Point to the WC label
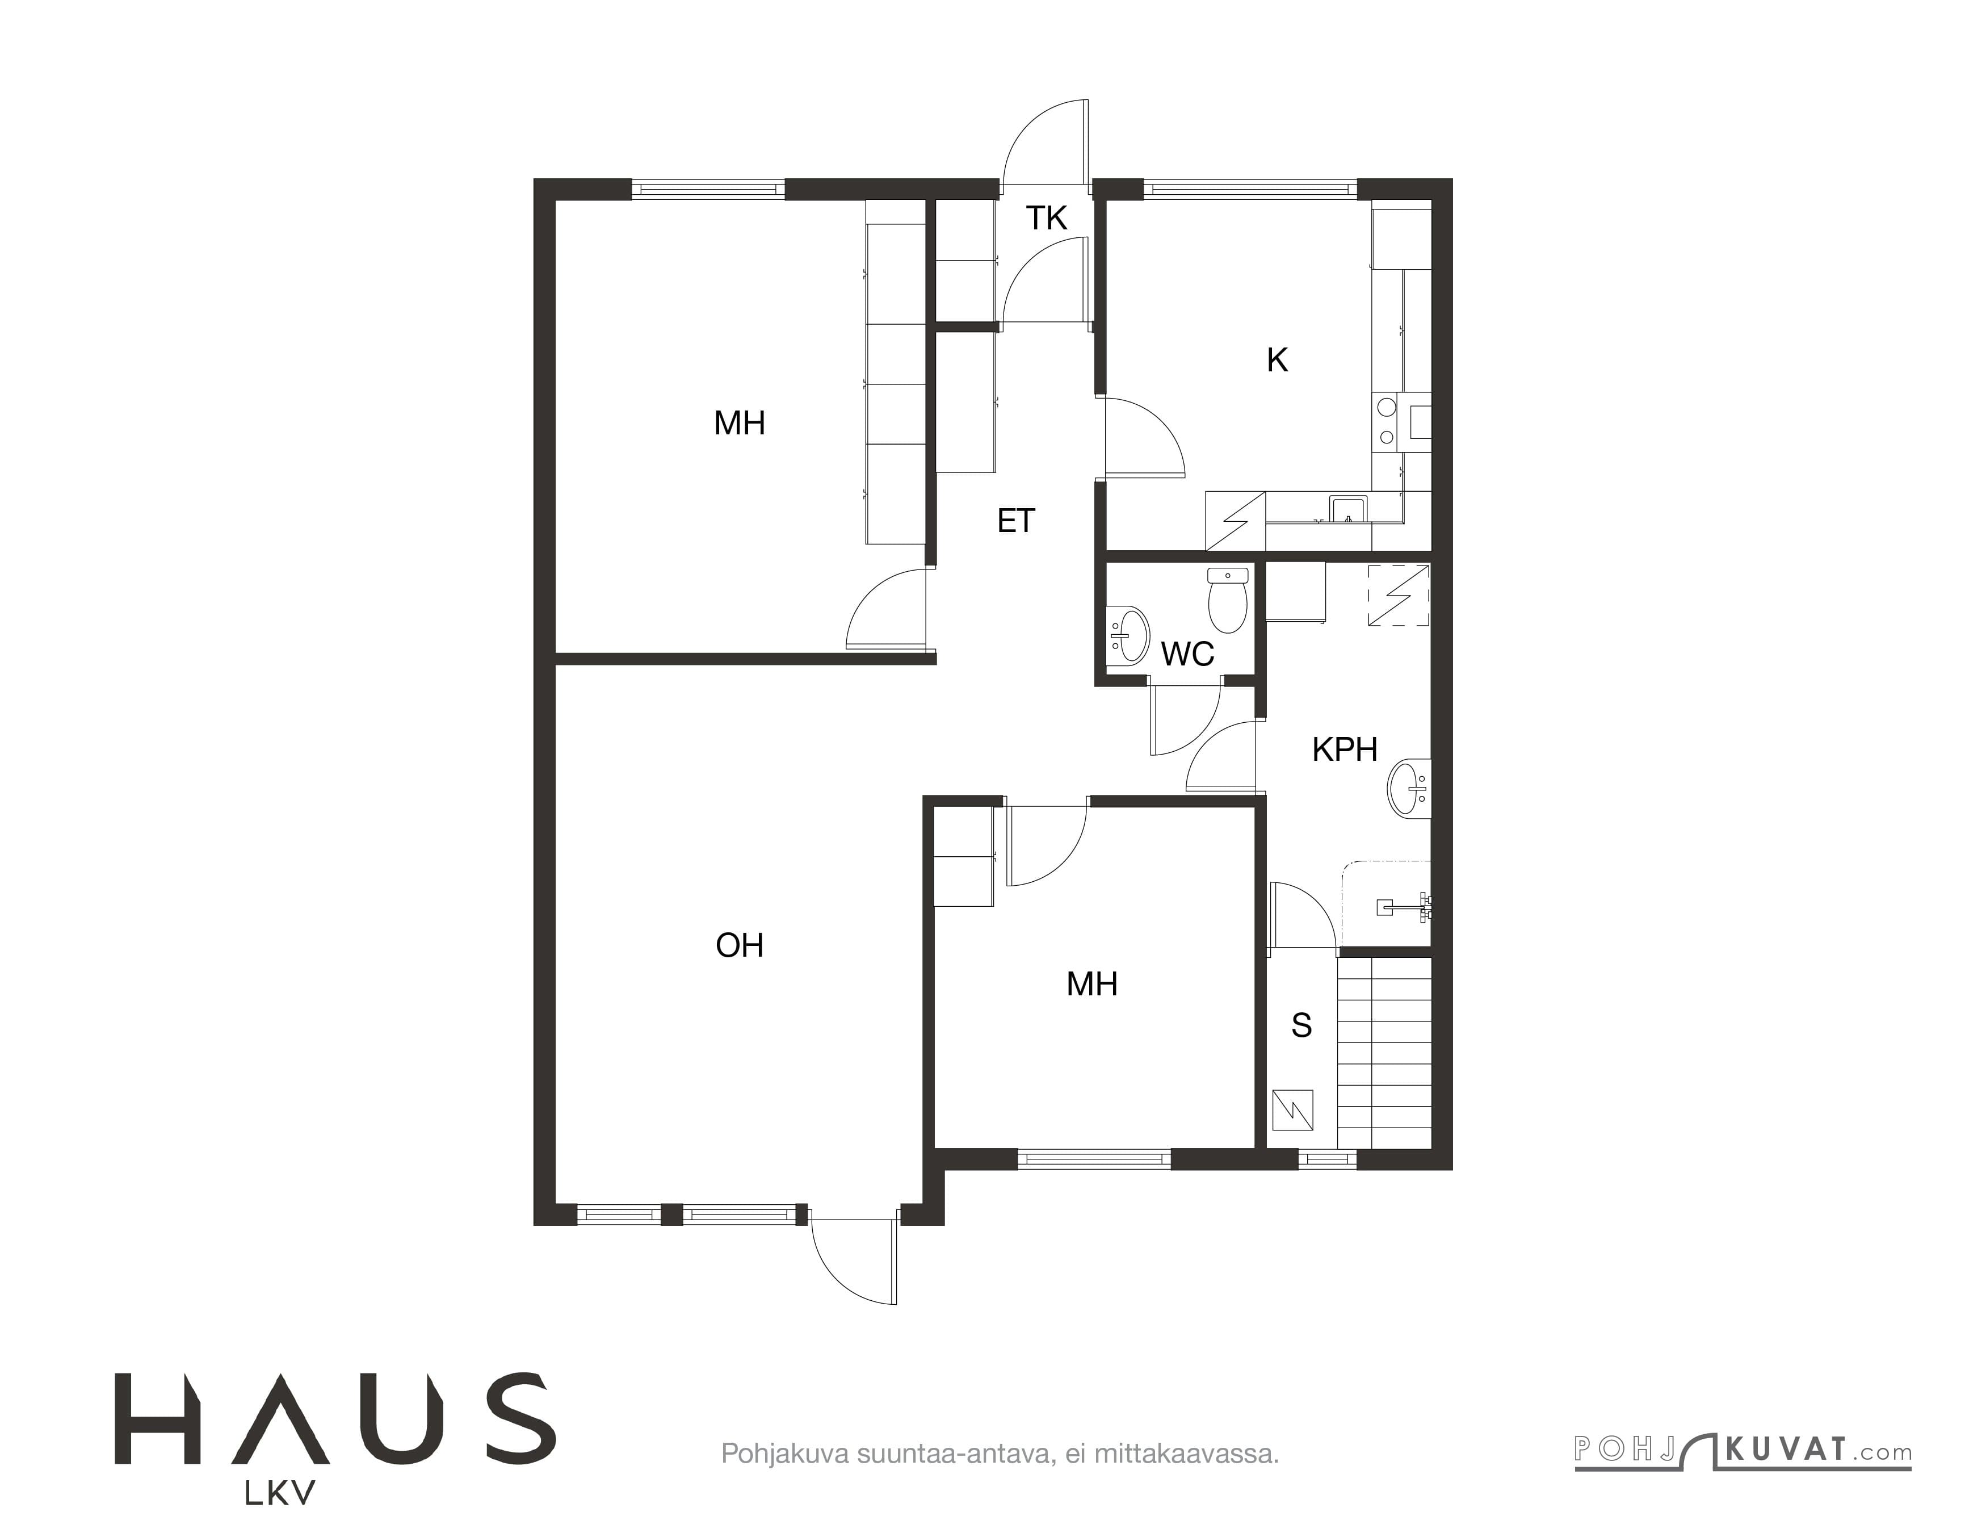pyautogui.click(x=1187, y=654)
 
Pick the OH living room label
pyautogui.click(x=740, y=946)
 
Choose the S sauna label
pyautogui.click(x=1301, y=1025)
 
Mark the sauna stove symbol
pyautogui.click(x=1292, y=1109)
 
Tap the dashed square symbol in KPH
pyautogui.click(x=1399, y=596)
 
